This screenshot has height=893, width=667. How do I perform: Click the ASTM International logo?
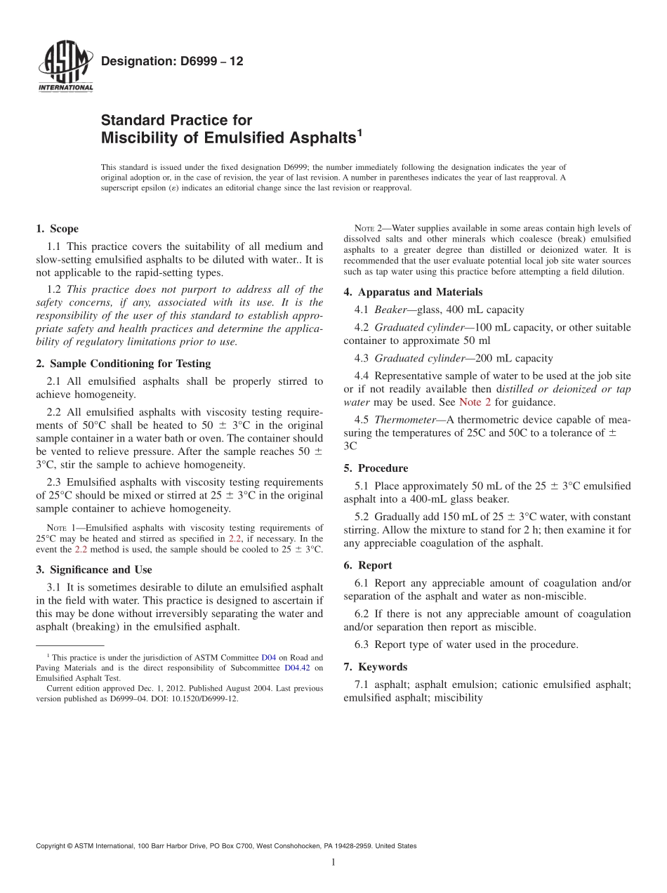pyautogui.click(x=65, y=66)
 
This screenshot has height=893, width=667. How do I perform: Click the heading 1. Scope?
pyautogui.click(x=57, y=229)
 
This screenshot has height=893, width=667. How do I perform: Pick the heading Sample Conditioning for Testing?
pyautogui.click(x=130, y=364)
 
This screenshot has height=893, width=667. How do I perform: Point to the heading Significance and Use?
pyautogui.click(x=101, y=569)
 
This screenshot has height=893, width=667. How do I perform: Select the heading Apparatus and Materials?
pyautogui.click(x=420, y=292)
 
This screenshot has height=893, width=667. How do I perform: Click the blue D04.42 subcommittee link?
pyautogui.click(x=296, y=668)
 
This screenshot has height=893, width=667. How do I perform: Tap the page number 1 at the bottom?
pyautogui.click(x=333, y=863)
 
